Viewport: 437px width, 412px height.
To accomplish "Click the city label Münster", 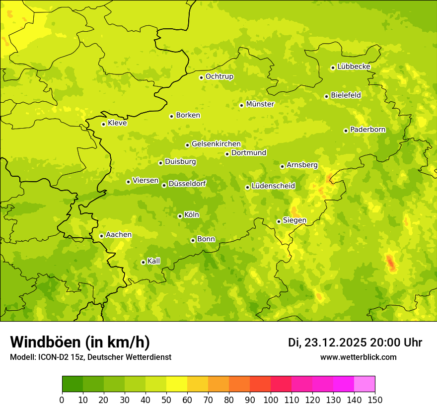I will [x=260, y=104].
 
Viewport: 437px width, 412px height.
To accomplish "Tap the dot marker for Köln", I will [x=180, y=216].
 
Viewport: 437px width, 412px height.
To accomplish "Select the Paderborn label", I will [x=367, y=130].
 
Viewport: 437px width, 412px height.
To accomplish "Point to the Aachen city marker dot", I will [x=101, y=236].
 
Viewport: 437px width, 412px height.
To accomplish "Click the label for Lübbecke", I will [x=354, y=67].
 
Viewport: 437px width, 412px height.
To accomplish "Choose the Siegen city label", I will [x=294, y=220].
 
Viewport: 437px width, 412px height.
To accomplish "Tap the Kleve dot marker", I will [x=103, y=124].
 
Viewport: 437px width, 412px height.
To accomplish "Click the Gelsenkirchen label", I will [x=216, y=144].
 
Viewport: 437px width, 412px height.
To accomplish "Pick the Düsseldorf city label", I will [x=187, y=184].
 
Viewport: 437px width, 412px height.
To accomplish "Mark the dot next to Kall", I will [x=143, y=262].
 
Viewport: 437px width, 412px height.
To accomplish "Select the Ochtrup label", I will [x=219, y=76].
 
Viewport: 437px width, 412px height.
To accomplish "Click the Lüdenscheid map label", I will [x=273, y=186].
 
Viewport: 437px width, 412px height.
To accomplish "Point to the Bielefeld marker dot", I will [x=326, y=96].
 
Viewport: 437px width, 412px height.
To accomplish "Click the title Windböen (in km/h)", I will [x=80, y=342].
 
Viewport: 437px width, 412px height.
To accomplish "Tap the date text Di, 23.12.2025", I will [x=327, y=343].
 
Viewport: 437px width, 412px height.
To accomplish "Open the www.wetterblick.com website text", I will [x=358, y=357].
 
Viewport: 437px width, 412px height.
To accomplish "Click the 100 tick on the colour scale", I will [x=271, y=400].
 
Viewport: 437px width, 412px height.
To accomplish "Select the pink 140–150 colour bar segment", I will [x=364, y=384].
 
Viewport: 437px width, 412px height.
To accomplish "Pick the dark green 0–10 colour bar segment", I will [x=73, y=384].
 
